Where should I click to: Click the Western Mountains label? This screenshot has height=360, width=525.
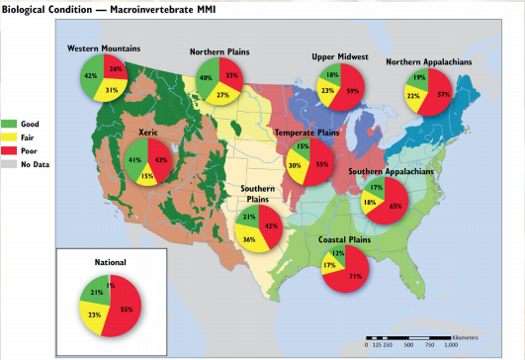click(x=103, y=48)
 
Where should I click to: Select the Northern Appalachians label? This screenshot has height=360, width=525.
click(x=428, y=61)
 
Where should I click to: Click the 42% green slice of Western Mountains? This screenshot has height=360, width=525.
click(x=91, y=76)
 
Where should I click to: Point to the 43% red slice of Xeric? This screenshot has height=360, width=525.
click(x=159, y=159)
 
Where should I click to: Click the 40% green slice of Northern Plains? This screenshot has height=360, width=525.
click(x=206, y=78)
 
